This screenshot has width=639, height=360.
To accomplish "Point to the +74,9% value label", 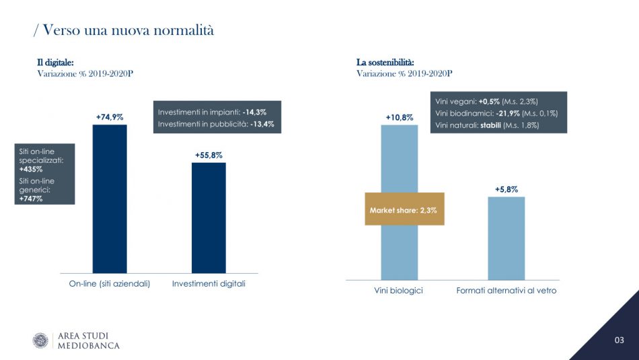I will pyautogui.click(x=110, y=117).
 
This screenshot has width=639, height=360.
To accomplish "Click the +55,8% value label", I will pyautogui.click(x=209, y=155).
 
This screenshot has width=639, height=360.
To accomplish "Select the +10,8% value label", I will pyautogui.click(x=399, y=118).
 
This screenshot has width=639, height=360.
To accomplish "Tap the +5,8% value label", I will pyautogui.click(x=506, y=190).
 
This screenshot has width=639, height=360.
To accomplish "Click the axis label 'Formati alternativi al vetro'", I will pyautogui.click(x=506, y=291).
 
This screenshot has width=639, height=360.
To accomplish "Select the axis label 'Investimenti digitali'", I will pyautogui.click(x=209, y=284).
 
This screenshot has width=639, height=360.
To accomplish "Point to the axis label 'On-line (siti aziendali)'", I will pyautogui.click(x=109, y=284).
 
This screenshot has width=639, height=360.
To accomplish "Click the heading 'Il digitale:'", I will pyautogui.click(x=55, y=63).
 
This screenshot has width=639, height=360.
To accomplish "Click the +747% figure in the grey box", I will pyautogui.click(x=31, y=199).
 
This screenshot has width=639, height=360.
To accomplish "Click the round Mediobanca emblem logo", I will pyautogui.click(x=40, y=340).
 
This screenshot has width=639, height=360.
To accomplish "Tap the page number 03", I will pyautogui.click(x=619, y=340).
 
